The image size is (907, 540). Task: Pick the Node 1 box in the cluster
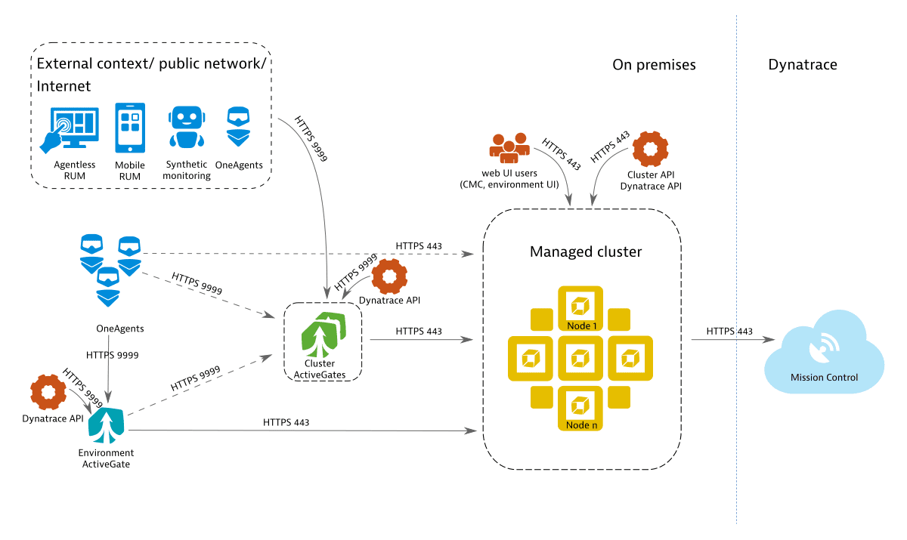(x=580, y=307)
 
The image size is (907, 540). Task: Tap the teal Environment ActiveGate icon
(x=107, y=426)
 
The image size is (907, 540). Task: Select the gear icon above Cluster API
(x=649, y=150)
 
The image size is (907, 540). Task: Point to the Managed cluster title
(x=586, y=251)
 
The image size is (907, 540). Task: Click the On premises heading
(x=654, y=65)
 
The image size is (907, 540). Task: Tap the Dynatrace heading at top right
(x=803, y=65)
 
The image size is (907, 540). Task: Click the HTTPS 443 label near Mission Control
(x=729, y=332)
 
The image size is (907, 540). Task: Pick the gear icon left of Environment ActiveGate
(x=48, y=393)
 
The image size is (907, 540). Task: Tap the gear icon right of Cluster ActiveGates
(x=390, y=276)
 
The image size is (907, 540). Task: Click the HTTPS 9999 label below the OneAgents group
(x=112, y=353)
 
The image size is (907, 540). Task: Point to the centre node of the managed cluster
(x=580, y=357)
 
